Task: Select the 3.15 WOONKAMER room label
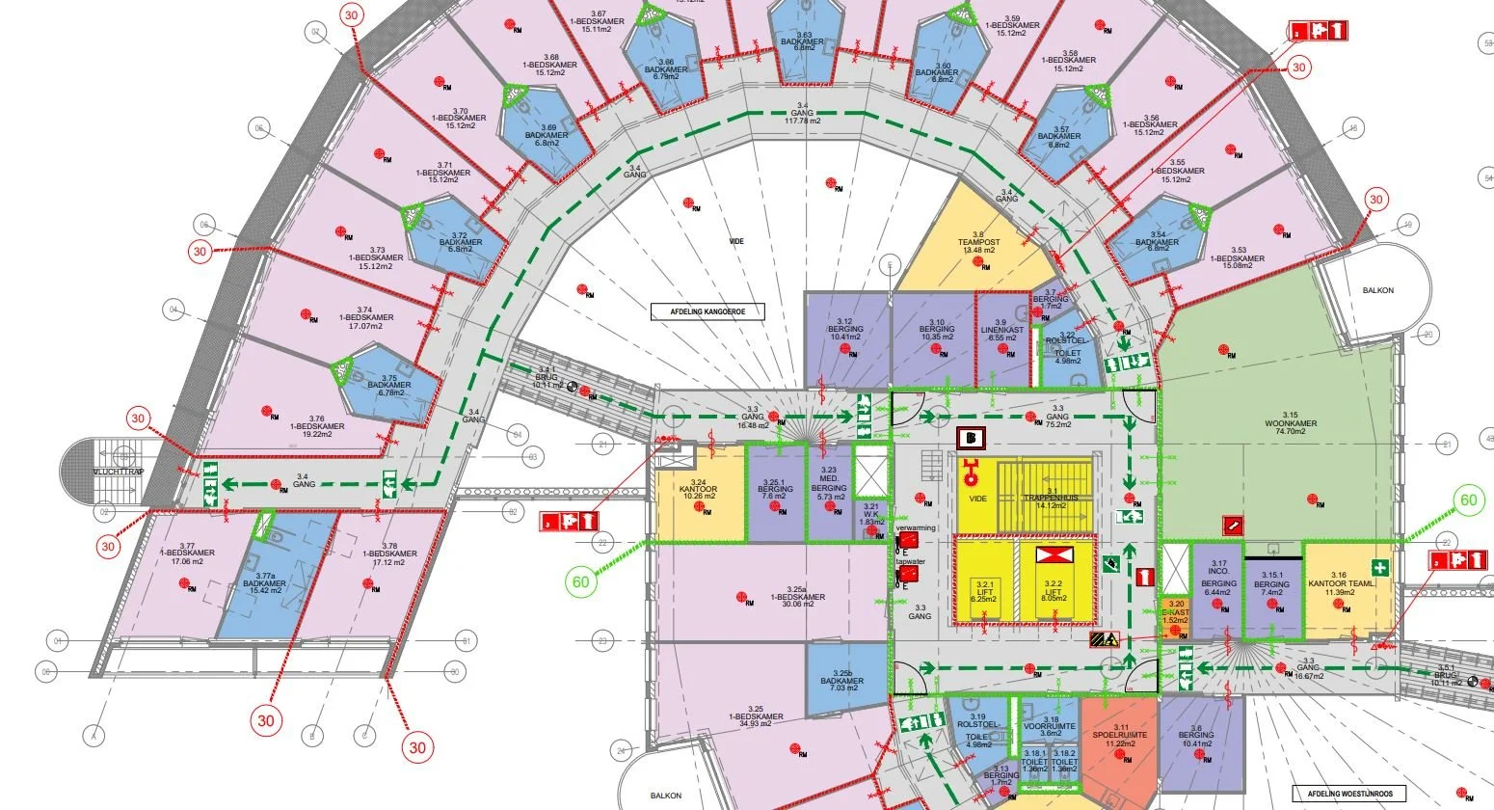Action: tap(1293, 427)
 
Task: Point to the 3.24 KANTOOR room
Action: tap(699, 492)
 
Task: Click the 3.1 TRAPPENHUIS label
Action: tap(1051, 500)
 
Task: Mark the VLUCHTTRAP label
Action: tap(118, 472)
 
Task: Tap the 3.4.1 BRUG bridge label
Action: tap(547, 379)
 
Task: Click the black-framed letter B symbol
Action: tap(971, 438)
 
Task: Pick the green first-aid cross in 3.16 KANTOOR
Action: tap(1380, 568)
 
